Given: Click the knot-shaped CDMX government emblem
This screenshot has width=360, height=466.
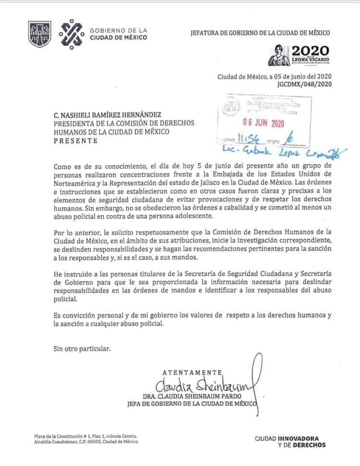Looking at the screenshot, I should (71, 34).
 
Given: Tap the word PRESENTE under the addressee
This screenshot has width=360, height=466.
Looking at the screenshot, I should (75, 141).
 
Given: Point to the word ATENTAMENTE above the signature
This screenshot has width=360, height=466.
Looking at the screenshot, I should (192, 372).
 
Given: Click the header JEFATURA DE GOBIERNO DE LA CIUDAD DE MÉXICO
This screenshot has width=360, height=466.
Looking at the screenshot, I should (261, 33).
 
